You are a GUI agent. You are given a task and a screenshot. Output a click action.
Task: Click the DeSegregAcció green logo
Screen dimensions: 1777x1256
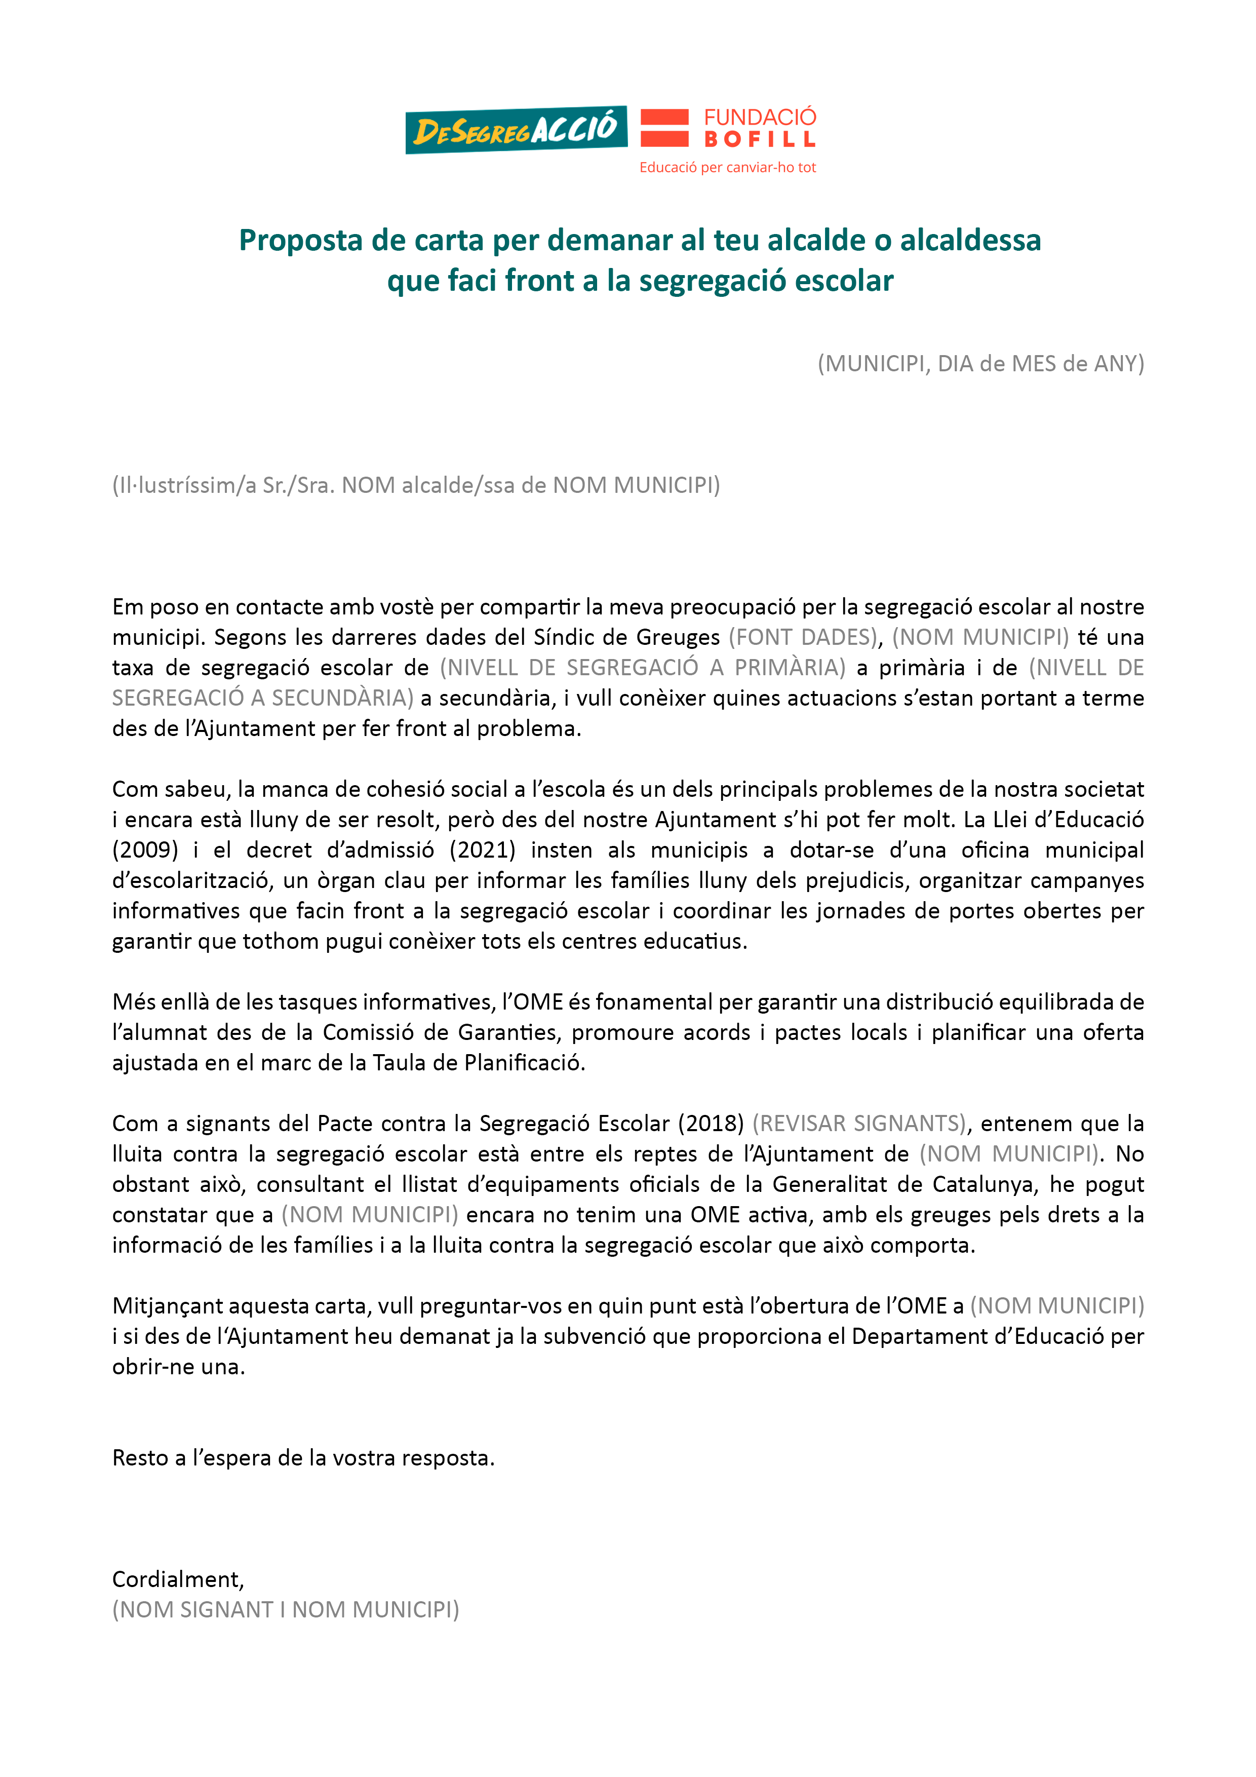(x=516, y=130)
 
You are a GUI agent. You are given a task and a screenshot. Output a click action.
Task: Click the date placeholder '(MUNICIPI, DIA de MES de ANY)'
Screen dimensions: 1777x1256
(x=980, y=364)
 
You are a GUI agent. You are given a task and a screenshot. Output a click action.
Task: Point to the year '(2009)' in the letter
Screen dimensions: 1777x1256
(x=145, y=850)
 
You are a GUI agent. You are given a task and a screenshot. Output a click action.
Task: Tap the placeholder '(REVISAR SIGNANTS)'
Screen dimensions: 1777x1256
(x=859, y=1124)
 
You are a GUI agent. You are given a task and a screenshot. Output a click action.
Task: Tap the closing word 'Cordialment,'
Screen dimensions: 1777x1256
(x=178, y=1579)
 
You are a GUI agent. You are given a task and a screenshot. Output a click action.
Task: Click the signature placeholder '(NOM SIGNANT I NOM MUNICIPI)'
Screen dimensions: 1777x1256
(x=286, y=1610)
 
